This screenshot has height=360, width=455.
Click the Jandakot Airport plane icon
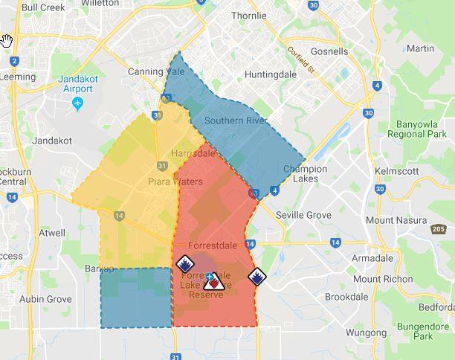click(79, 103)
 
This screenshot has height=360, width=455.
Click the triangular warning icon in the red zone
click(213, 281)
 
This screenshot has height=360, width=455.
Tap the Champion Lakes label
click(305, 174)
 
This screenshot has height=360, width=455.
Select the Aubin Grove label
click(45, 299)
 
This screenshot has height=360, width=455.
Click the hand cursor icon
click(7, 39)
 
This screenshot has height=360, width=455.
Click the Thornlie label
click(249, 16)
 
